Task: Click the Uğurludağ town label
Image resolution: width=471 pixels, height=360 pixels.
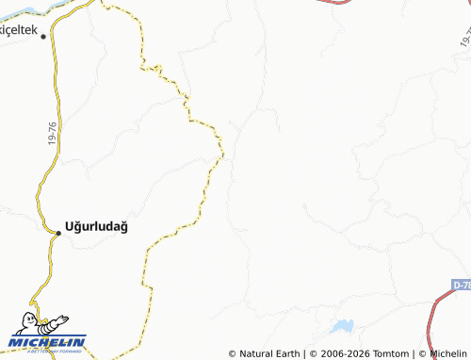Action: click(x=96, y=227)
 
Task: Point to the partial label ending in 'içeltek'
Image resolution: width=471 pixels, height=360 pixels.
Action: click(x=18, y=31)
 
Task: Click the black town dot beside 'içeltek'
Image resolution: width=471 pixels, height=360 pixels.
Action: click(x=43, y=36)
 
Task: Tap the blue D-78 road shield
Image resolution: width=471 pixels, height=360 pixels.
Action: click(x=461, y=284)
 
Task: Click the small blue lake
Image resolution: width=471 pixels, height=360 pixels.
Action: click(x=342, y=327)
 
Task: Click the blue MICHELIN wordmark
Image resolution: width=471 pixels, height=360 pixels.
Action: click(x=46, y=342)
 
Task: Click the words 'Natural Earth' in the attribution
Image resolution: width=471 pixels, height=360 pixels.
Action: click(x=268, y=353)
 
